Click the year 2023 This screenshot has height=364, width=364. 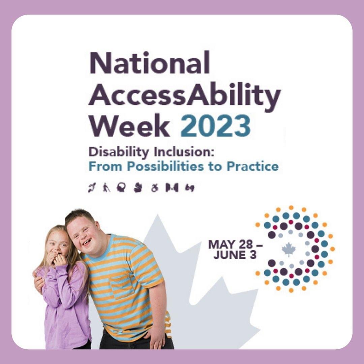(216, 126)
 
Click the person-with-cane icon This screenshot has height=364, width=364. (106, 187)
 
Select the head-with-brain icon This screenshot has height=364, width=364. (121, 187)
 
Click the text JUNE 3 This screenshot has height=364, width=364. (235, 255)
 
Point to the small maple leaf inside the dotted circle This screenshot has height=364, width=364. (289, 250)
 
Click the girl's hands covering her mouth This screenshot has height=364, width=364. (58, 260)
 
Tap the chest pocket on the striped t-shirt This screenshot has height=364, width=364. (122, 286)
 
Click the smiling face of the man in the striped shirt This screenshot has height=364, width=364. (84, 232)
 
